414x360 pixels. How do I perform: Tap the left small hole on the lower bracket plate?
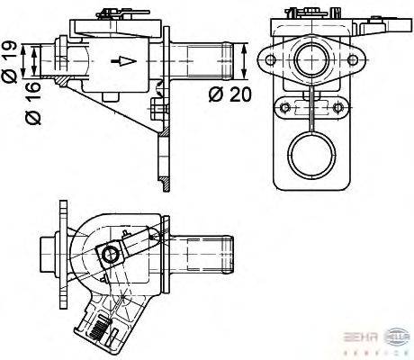[x=285, y=108]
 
